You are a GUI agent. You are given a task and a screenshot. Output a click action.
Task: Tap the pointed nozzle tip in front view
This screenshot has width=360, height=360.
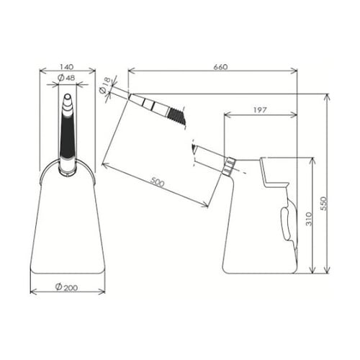(67, 99)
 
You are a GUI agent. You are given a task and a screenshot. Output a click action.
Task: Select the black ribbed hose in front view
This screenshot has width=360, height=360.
(67, 137)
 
